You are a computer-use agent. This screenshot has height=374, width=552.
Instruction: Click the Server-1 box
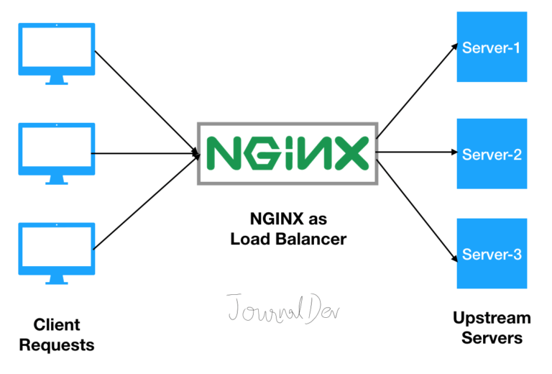click(492, 48)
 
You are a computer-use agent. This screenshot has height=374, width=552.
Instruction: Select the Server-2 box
click(492, 154)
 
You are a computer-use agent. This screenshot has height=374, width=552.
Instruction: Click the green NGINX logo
click(287, 152)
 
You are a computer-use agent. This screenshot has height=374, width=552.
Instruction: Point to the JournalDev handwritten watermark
click(285, 308)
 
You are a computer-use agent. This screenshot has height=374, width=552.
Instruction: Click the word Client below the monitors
click(57, 324)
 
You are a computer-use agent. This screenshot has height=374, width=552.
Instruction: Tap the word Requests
click(57, 345)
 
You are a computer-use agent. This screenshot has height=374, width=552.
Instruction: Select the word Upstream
click(492, 317)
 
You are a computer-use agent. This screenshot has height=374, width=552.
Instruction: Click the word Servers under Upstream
click(492, 337)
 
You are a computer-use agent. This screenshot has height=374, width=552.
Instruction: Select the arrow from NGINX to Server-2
click(417, 152)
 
